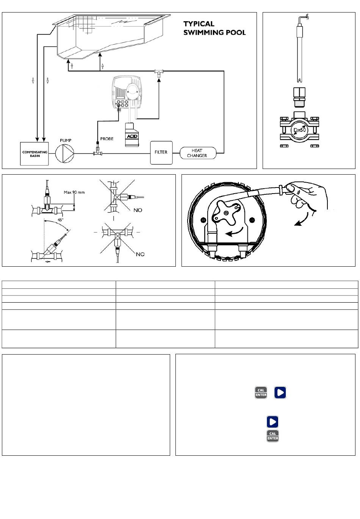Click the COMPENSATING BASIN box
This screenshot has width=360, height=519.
tap(34, 153)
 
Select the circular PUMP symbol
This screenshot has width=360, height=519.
tap(65, 153)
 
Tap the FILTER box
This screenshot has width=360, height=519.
tap(161, 152)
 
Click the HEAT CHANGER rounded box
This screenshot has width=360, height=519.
tap(198, 153)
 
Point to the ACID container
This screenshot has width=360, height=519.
tap(132, 134)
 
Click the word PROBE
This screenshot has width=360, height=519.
tap(107, 139)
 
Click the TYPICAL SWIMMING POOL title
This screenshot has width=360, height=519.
tap(214, 28)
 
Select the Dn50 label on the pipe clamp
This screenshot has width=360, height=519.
tap(299, 130)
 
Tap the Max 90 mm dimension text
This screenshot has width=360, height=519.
tap(74, 192)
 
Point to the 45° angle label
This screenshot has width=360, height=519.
tap(60, 220)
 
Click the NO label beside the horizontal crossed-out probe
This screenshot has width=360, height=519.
tap(138, 210)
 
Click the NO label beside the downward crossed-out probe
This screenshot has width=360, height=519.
tap(140, 255)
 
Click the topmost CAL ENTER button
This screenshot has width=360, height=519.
tap(261, 392)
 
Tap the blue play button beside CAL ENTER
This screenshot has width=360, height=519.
tap(280, 392)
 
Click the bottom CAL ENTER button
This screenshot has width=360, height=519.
tap(272, 436)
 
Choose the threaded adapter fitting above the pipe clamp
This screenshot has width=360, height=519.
tap(299, 97)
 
